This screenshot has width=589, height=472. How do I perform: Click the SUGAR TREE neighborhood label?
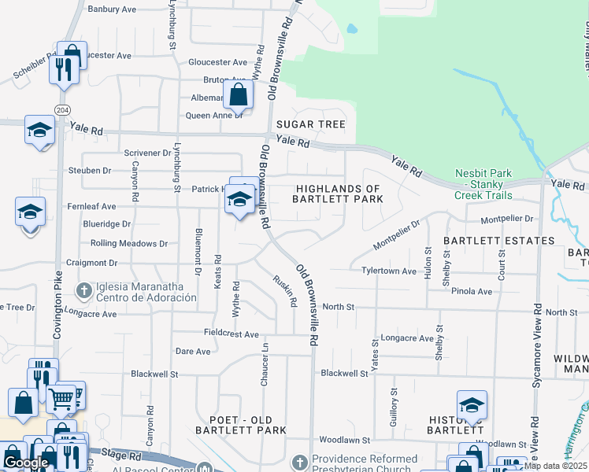click(x=311, y=125)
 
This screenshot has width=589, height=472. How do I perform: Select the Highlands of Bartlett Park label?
click(x=339, y=194)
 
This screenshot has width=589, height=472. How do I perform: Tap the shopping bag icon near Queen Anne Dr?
click(x=238, y=96)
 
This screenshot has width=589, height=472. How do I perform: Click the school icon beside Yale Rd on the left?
click(x=39, y=131)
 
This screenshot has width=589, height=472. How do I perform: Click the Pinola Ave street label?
click(x=472, y=291)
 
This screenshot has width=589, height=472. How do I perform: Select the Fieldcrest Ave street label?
click(x=231, y=334)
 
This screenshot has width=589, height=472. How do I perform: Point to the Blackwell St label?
click(x=344, y=374)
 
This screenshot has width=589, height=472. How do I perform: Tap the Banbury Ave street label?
click(x=112, y=9)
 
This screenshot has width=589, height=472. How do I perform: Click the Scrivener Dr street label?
click(x=147, y=152)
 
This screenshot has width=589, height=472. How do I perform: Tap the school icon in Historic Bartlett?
click(x=472, y=405)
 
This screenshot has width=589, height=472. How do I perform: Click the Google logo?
click(x=26, y=463)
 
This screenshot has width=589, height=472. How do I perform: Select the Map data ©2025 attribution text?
click(x=555, y=466)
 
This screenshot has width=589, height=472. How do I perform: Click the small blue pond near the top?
click(x=351, y=30)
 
